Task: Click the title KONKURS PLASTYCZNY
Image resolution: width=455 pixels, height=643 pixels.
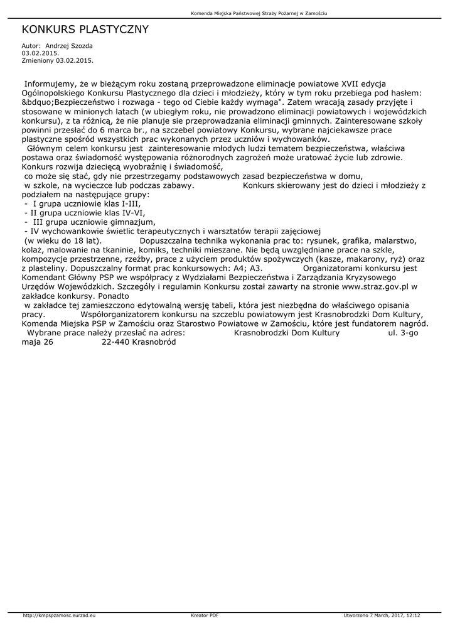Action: pyautogui.click(x=85, y=30)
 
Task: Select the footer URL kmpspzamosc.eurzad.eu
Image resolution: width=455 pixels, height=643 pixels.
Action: pyautogui.click(x=58, y=615)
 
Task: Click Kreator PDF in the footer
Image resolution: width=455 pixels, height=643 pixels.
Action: pyautogui.click(x=205, y=615)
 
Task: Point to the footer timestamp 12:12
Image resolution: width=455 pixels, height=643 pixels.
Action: pyautogui.click(x=413, y=615)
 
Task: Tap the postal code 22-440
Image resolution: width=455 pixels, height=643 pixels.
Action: pyautogui.click(x=115, y=342)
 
